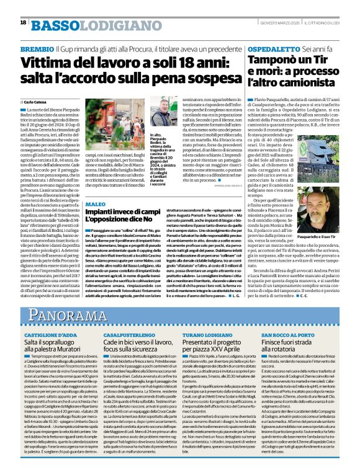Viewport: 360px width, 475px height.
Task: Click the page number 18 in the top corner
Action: point(22,23)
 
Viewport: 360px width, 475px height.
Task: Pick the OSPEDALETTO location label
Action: point(276,48)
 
